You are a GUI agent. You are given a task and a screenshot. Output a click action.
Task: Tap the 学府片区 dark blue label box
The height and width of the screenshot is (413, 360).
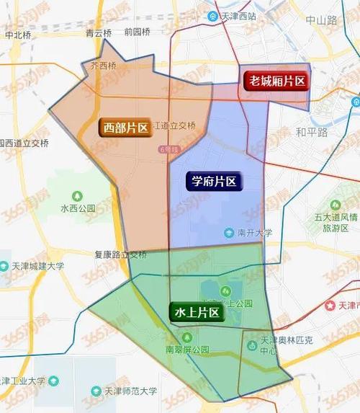pyautogui.click(x=213, y=182)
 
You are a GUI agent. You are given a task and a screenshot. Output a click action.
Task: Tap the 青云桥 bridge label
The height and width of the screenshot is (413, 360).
pyautogui.click(x=99, y=32)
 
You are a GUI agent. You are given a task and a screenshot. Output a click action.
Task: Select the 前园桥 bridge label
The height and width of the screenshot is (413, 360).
pyautogui.click(x=136, y=32)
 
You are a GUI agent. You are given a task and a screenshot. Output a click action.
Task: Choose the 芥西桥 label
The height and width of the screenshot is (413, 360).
pyautogui.click(x=103, y=66)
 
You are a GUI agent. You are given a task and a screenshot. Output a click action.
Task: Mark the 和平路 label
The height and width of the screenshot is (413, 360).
pyautogui.click(x=311, y=133)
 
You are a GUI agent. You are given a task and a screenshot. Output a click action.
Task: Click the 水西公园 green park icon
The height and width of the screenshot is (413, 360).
pyautogui.click(x=78, y=196)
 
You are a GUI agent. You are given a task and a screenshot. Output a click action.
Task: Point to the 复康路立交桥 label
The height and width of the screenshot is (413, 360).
pyautogui.click(x=120, y=255)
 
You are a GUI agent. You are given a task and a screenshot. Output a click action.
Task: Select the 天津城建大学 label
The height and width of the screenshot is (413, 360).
pyautogui.click(x=37, y=265)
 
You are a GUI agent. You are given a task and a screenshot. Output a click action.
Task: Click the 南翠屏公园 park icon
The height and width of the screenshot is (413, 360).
pyautogui.click(x=187, y=337)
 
